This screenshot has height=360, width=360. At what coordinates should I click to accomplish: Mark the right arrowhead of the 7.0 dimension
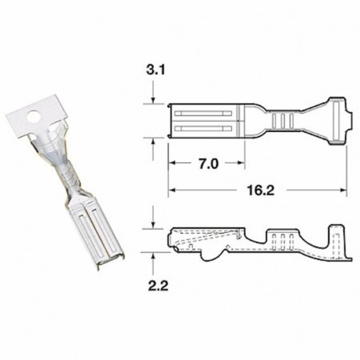(x=239, y=164)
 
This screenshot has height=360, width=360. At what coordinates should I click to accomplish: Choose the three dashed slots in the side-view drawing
(x=281, y=238)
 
